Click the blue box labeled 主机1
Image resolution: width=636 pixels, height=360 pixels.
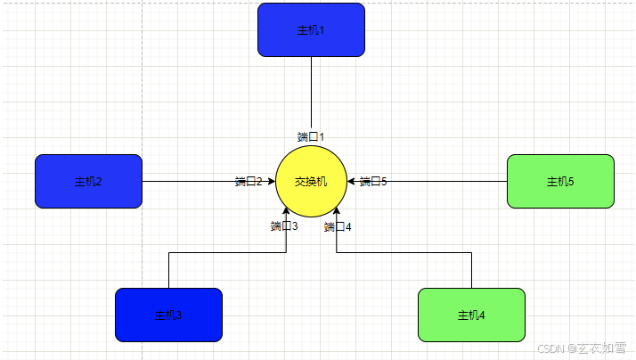(311, 29)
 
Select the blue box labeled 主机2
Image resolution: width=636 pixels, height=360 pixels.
(88, 181)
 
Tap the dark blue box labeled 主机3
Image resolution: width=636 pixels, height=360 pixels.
(168, 315)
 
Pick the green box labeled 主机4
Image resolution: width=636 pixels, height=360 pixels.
(471, 315)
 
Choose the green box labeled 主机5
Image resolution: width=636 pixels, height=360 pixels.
(560, 181)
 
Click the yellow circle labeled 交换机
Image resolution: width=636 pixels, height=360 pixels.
(311, 182)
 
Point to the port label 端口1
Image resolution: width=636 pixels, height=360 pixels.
(311, 137)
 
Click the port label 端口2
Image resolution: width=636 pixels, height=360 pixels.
(249, 182)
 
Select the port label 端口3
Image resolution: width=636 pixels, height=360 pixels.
(284, 226)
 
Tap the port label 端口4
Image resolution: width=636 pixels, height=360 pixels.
(338, 226)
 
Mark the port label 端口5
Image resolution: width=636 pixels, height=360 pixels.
(373, 182)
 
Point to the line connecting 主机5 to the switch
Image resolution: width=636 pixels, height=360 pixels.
(445, 182)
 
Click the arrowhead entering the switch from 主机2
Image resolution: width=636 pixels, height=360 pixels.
(271, 182)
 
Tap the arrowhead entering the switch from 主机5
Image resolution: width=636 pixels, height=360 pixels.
(352, 182)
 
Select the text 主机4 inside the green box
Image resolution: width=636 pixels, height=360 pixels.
(471, 315)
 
